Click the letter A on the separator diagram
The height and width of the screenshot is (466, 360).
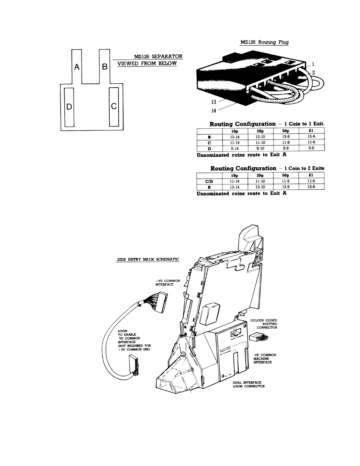click(77, 67)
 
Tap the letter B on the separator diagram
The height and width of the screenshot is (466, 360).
click(104, 67)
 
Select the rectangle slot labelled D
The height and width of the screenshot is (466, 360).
click(69, 106)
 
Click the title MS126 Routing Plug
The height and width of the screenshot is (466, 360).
click(264, 42)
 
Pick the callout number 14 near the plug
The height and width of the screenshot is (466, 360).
click(214, 110)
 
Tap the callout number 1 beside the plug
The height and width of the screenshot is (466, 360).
click(313, 64)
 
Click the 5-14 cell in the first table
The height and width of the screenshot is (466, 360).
click(235, 148)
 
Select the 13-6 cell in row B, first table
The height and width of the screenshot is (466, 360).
click(311, 137)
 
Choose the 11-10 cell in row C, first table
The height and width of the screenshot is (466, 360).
click(260, 142)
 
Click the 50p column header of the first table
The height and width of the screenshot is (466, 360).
click(286, 131)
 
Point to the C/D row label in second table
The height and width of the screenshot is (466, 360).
click(209, 181)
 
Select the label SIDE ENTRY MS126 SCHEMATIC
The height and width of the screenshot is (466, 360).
click(148, 259)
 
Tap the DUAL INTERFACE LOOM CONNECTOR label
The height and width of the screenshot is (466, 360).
click(249, 384)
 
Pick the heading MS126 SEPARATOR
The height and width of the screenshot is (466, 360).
click(158, 56)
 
